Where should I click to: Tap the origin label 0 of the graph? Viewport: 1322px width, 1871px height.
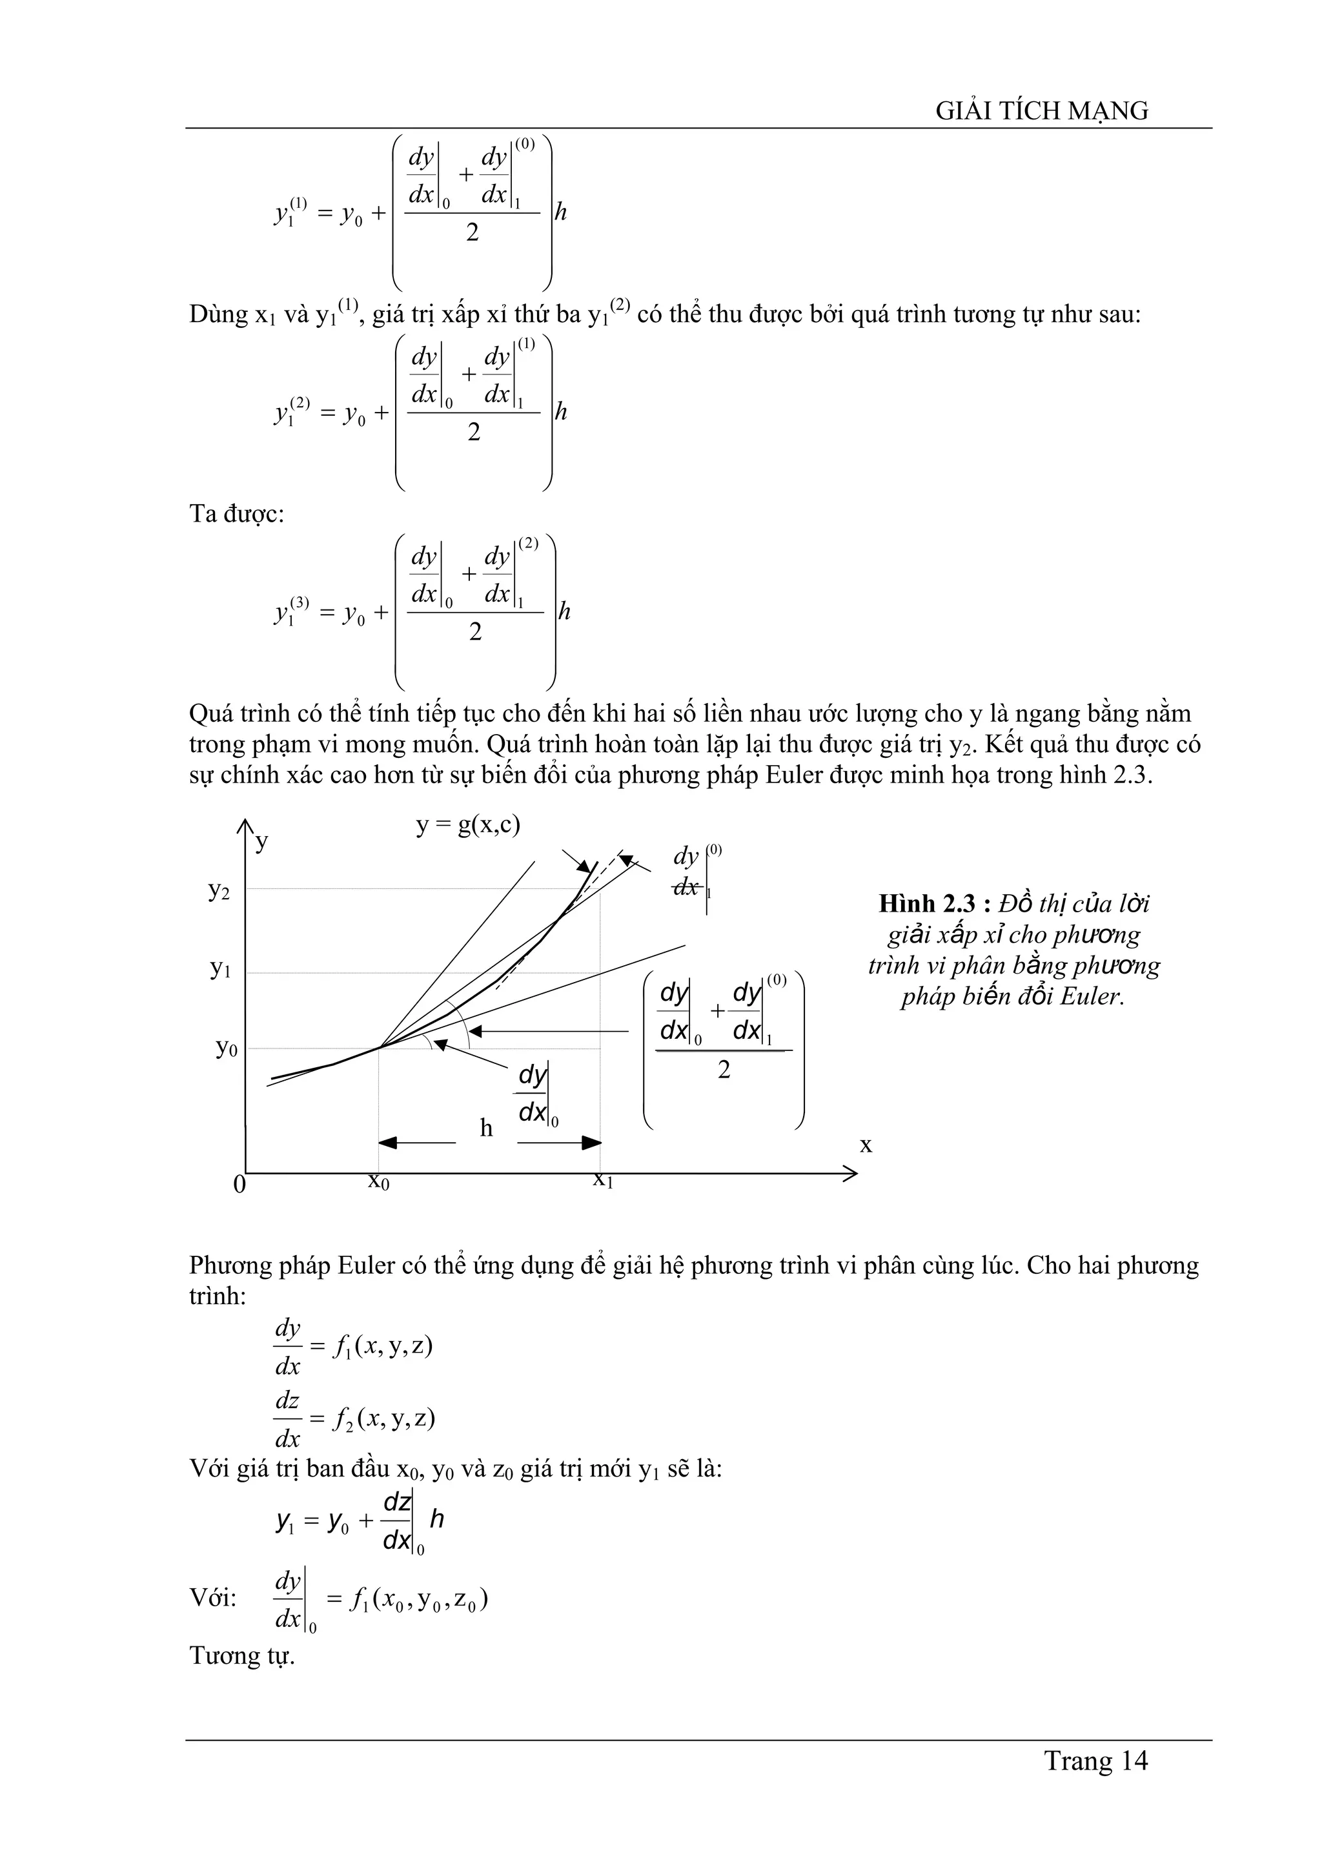pyautogui.click(x=239, y=1184)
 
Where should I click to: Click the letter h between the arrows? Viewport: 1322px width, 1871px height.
pyautogui.click(x=486, y=1128)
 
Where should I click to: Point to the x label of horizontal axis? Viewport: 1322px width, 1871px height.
pyautogui.click(x=866, y=1145)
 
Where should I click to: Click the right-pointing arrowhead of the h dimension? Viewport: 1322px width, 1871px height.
pyautogui.click(x=591, y=1143)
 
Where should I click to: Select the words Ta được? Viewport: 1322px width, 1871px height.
pyautogui.click(x=236, y=514)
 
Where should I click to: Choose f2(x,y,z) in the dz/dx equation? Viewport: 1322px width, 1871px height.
pyautogui.click(x=383, y=1418)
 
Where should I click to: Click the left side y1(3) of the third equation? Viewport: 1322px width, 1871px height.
pyautogui.click(x=290, y=611)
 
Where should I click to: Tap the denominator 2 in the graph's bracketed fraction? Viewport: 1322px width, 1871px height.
pyautogui.click(x=724, y=1070)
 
